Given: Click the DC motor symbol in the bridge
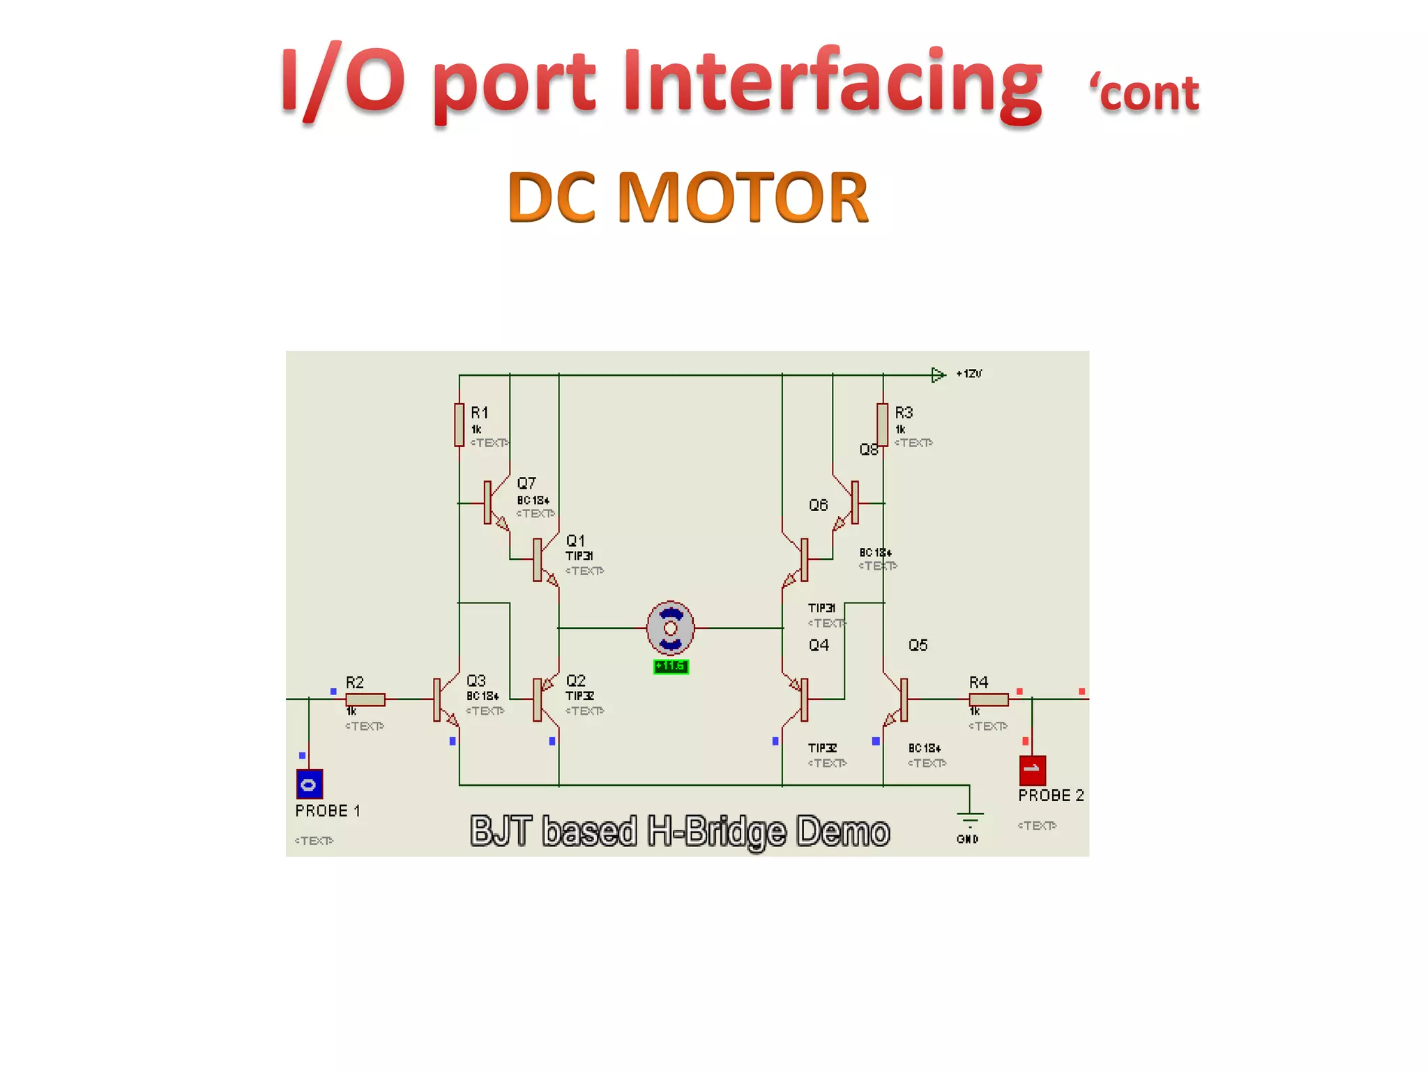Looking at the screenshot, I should (670, 628).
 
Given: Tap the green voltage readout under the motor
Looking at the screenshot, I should (671, 667).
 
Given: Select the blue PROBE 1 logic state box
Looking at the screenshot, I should (309, 784).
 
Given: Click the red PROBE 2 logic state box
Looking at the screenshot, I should (1032, 770).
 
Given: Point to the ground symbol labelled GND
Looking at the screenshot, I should (970, 817).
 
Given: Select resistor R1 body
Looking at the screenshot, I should (459, 424).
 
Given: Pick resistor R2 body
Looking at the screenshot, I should (365, 699).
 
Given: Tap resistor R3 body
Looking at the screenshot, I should (883, 424).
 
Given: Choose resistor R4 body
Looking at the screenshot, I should (988, 699).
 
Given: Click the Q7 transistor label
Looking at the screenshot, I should (526, 483).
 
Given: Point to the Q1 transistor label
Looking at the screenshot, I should (575, 540).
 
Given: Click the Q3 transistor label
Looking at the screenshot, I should (476, 681).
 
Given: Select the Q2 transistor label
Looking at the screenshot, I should (575, 681).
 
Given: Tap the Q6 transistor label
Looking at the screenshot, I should (819, 505).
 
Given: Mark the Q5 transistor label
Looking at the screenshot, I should (918, 645).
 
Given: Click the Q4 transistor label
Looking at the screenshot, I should (819, 645).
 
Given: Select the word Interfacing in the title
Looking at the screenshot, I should (833, 80).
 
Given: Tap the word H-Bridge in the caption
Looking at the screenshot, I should (717, 831).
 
